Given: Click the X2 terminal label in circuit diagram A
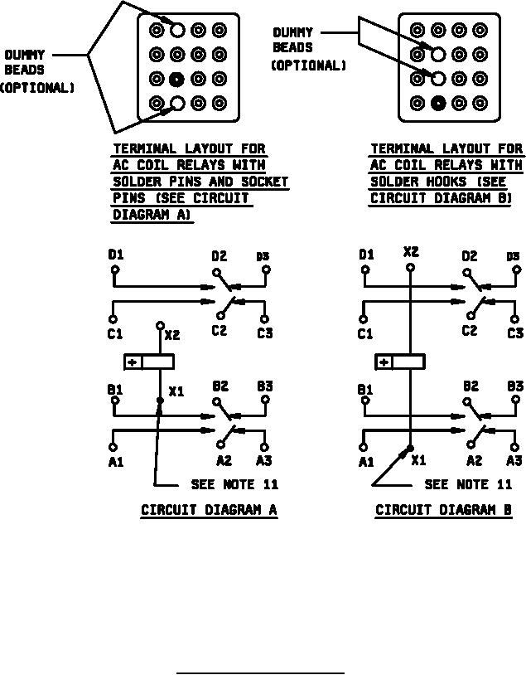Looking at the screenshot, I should point(172,335).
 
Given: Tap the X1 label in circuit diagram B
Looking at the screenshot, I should point(418,460).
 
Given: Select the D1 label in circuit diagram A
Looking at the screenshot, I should point(115,255).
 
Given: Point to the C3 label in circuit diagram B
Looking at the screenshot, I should point(515,333).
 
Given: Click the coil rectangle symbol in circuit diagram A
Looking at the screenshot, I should point(148,362).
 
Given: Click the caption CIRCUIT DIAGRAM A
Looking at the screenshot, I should point(209,510).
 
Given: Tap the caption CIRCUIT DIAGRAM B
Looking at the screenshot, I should point(444,510).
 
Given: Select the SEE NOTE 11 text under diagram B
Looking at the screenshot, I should point(468,484).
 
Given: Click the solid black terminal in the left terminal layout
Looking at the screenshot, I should point(177,80).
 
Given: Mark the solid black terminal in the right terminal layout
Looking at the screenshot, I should point(438,104).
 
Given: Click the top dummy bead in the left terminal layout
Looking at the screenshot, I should point(177,31).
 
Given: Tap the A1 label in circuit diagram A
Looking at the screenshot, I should point(115,462).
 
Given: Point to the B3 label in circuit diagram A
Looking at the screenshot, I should point(264,386).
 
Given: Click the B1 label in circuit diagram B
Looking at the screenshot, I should point(365,389).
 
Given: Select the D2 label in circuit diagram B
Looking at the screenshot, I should point(470,256).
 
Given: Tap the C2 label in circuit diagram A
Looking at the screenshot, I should point(219,332).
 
